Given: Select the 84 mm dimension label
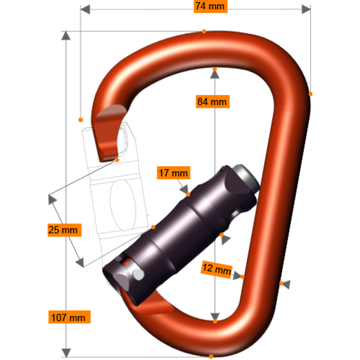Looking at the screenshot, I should point(212,102).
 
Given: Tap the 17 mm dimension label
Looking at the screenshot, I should point(173,173).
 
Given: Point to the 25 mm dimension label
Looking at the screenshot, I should point(64,230).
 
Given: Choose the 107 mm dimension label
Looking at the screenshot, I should point(69,317).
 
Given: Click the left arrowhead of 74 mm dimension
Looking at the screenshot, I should point(85,9).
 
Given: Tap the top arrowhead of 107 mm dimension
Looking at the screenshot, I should point(66,36).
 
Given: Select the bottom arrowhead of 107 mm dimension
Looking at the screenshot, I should point(66,352).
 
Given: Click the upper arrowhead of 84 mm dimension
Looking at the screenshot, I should point(214,74).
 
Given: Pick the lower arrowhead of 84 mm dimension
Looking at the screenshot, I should point(214,317).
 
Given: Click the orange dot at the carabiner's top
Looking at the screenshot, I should point(204,31).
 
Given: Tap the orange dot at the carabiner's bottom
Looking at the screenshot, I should point(211,357).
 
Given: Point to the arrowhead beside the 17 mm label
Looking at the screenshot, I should point(184,189).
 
